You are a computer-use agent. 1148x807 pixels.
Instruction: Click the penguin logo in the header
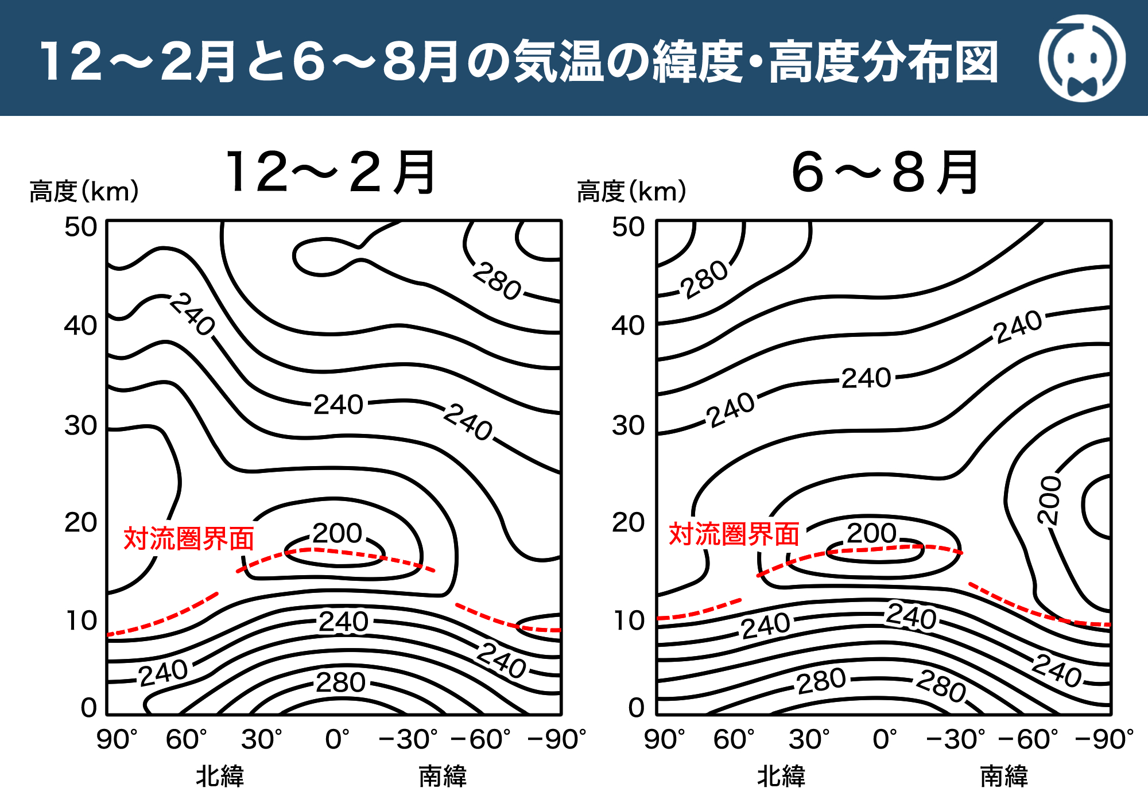coord(1081,59)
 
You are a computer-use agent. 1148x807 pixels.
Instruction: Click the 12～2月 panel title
coord(331,172)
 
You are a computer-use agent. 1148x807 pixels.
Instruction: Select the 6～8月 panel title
coord(885,172)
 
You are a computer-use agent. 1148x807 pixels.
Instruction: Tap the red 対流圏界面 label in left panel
coord(189,538)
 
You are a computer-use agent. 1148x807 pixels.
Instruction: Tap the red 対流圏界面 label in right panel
coord(734,534)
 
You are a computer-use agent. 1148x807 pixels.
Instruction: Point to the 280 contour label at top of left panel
coord(497,281)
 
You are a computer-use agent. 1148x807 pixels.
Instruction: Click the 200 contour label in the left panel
coord(338,533)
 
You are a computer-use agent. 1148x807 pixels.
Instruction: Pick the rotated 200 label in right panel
coord(1049,499)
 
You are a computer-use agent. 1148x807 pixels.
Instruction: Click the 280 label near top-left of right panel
coord(704,279)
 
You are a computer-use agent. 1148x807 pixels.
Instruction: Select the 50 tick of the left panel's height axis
coord(80,227)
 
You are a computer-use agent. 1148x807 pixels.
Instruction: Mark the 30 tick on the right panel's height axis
coord(628,426)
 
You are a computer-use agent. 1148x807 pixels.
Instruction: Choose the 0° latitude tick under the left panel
coord(337,739)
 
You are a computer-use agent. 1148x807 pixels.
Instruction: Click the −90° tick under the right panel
coord(1104,739)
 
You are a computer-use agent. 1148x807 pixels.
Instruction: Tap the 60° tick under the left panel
coord(186,739)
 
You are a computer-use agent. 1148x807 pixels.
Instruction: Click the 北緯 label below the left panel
coord(220,777)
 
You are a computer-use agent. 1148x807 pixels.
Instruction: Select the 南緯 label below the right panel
coord(1004,777)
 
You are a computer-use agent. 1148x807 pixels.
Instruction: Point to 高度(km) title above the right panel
coord(631,191)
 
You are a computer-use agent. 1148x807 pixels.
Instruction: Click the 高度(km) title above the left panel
coord(84,191)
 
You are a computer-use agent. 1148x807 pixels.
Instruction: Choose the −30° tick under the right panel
coord(955,739)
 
